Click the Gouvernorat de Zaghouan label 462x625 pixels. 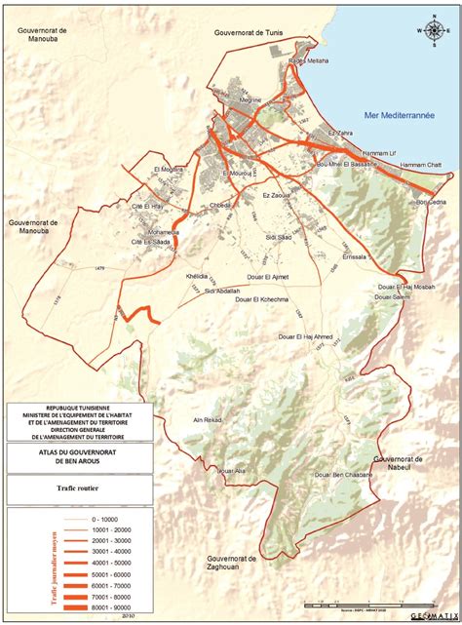(x=224, y=563)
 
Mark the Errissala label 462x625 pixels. (x=355, y=256)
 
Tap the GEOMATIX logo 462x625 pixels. (x=432, y=615)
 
